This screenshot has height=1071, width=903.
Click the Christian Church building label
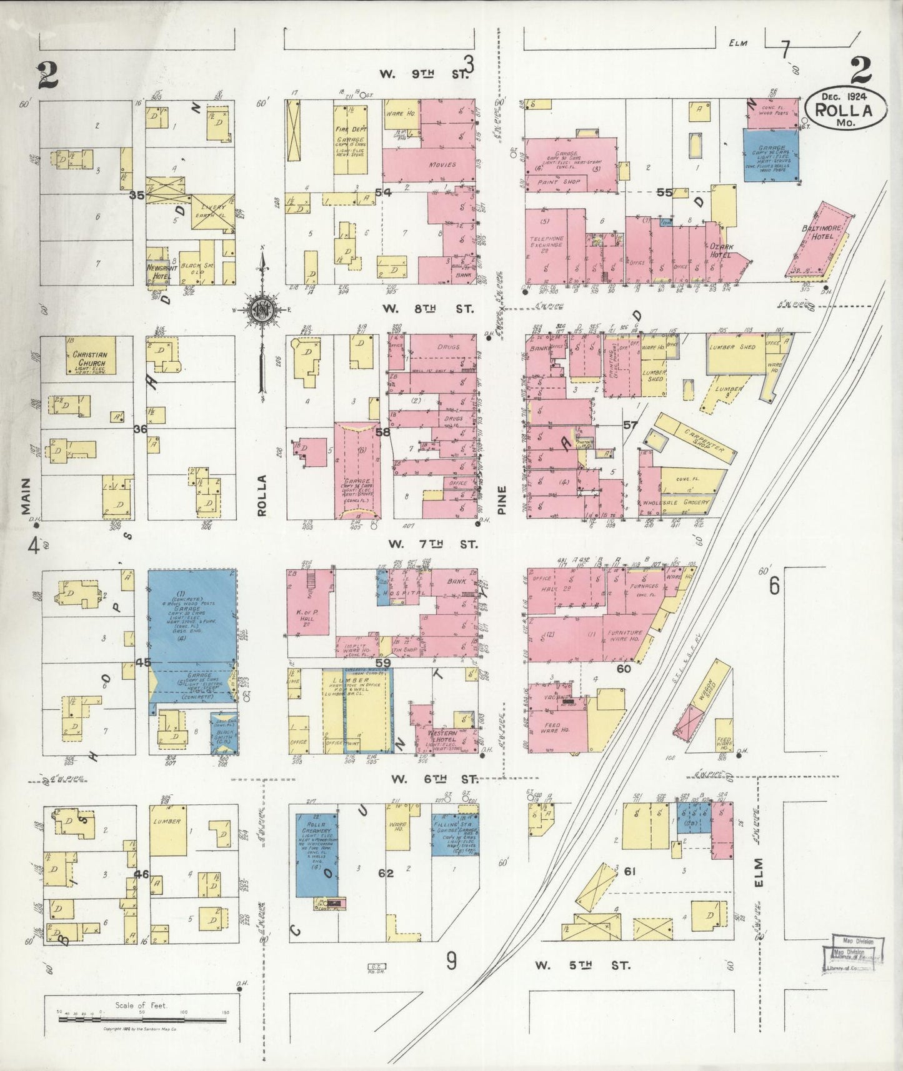click(90, 358)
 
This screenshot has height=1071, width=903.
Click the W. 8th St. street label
click(428, 309)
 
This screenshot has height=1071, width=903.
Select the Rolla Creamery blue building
click(316, 853)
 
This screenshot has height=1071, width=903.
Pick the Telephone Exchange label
click(547, 242)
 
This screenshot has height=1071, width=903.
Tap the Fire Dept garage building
click(350, 139)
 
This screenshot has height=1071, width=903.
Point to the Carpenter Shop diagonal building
click(694, 438)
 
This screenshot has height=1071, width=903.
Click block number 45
click(143, 662)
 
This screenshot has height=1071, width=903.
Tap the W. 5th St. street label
click(582, 965)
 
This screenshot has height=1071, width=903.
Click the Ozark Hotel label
click(721, 251)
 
